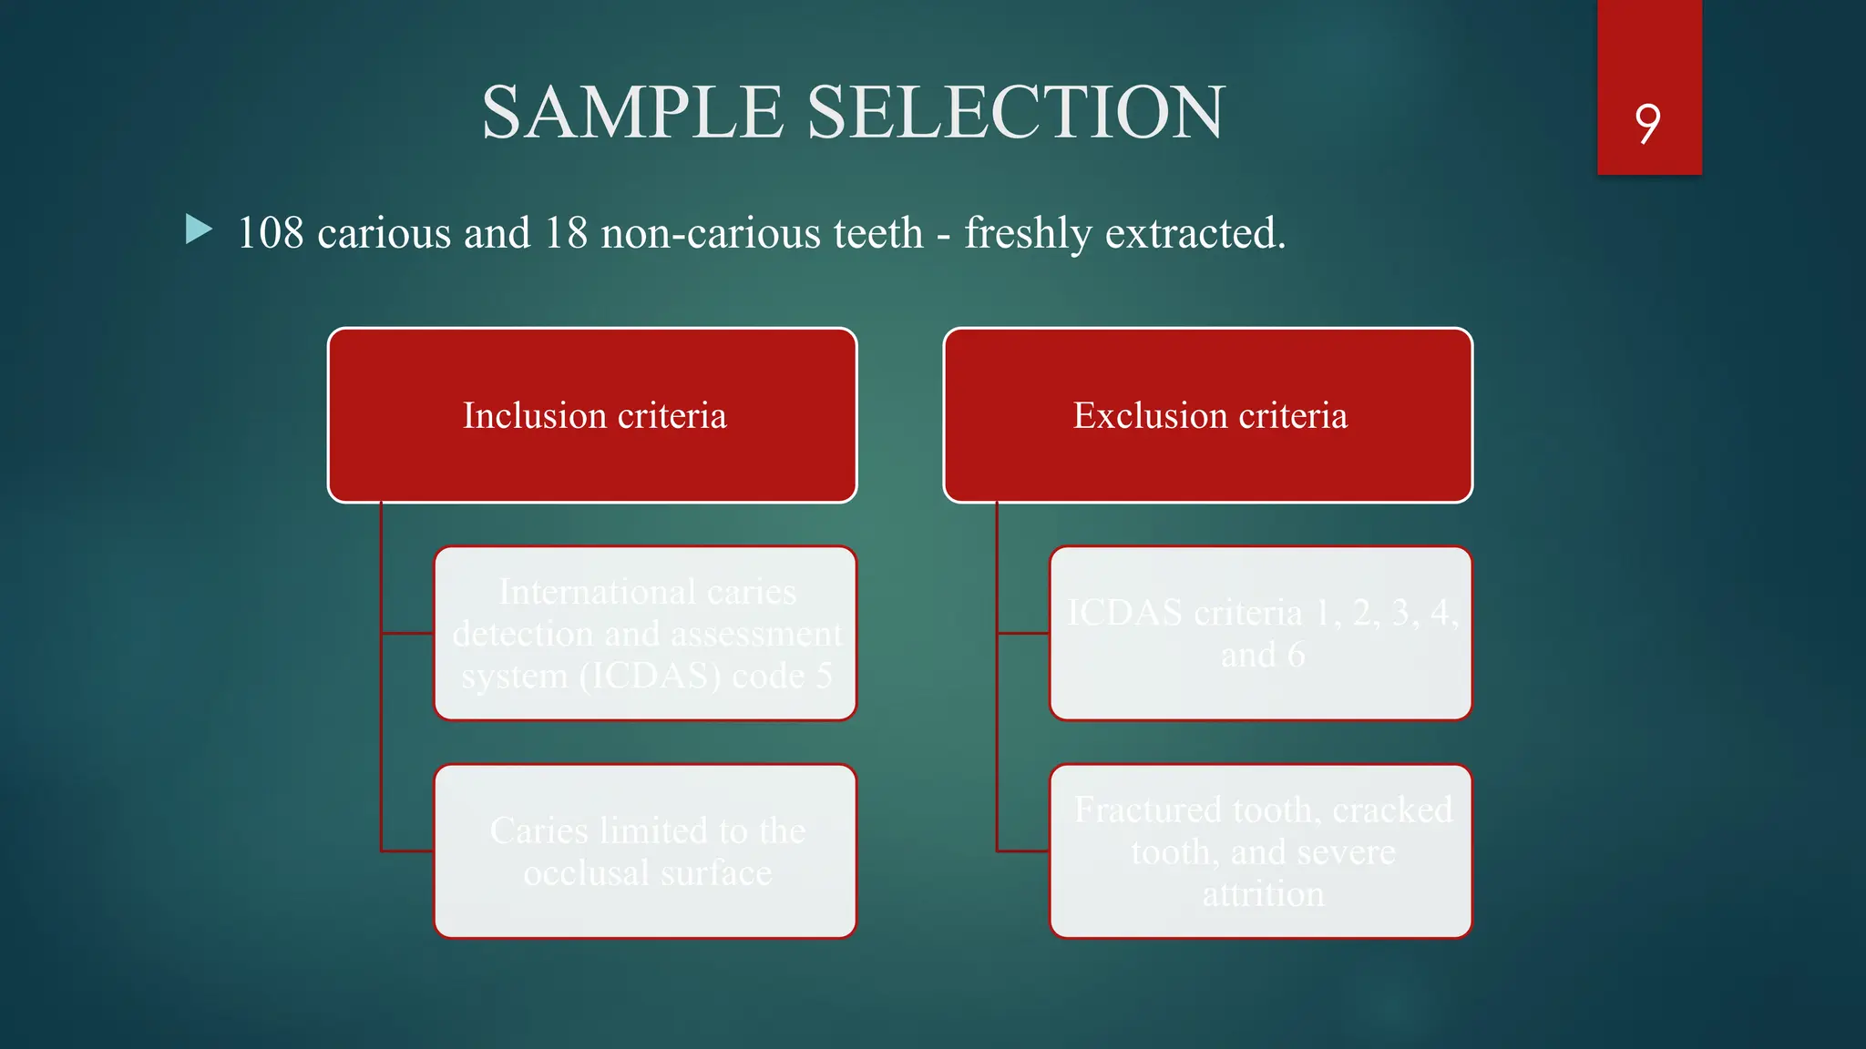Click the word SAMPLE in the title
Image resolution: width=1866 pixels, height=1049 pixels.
tap(632, 113)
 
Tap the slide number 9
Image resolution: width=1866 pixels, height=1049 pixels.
tap(1647, 123)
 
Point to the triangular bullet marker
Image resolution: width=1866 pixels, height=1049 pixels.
tap(198, 229)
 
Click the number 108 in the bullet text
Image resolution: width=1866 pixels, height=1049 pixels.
tap(271, 233)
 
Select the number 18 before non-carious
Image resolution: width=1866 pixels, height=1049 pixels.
tap(566, 233)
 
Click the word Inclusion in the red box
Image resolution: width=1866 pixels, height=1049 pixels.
tap(534, 416)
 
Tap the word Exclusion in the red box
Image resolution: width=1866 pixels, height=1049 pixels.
tap(1150, 416)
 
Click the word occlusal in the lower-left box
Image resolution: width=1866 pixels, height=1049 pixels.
tap(586, 873)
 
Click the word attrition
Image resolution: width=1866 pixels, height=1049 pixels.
tap(1263, 894)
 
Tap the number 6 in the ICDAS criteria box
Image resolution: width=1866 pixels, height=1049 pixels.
tap(1296, 656)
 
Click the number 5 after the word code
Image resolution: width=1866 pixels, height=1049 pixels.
tap(824, 677)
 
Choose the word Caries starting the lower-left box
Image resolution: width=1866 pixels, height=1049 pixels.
tap(538, 830)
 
